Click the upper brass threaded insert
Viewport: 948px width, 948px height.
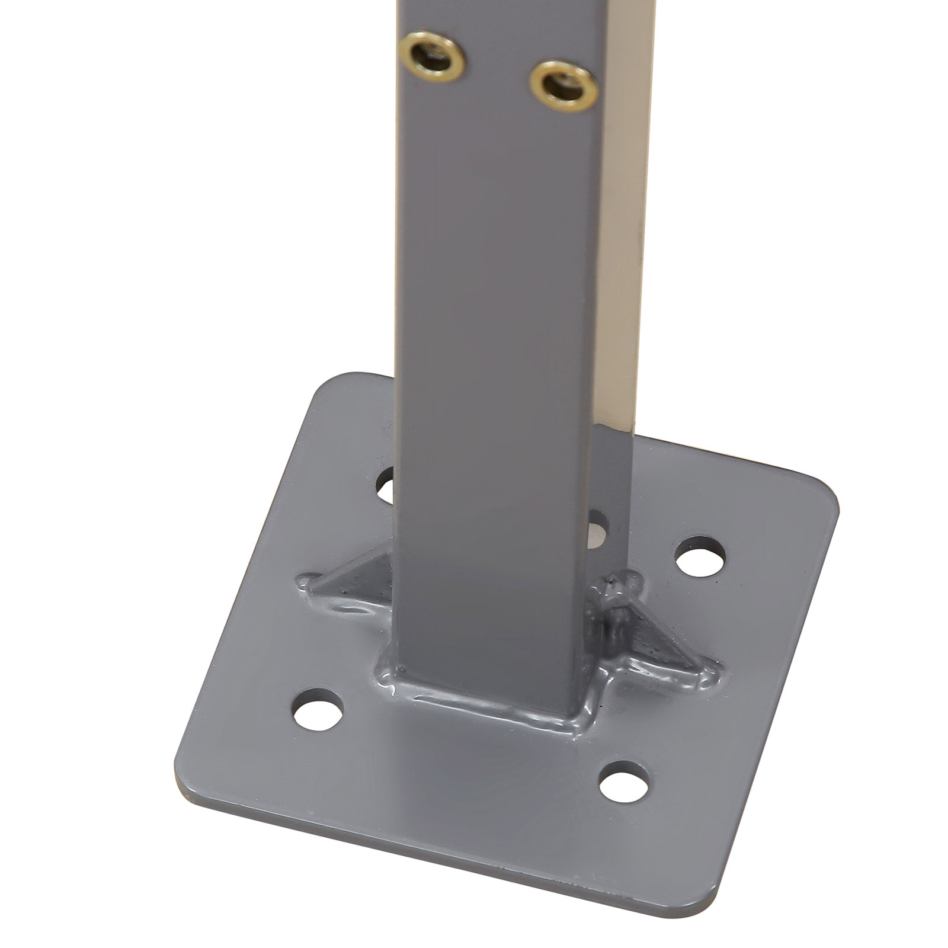coord(431,57)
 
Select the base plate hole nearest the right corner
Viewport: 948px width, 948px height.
coord(700,556)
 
